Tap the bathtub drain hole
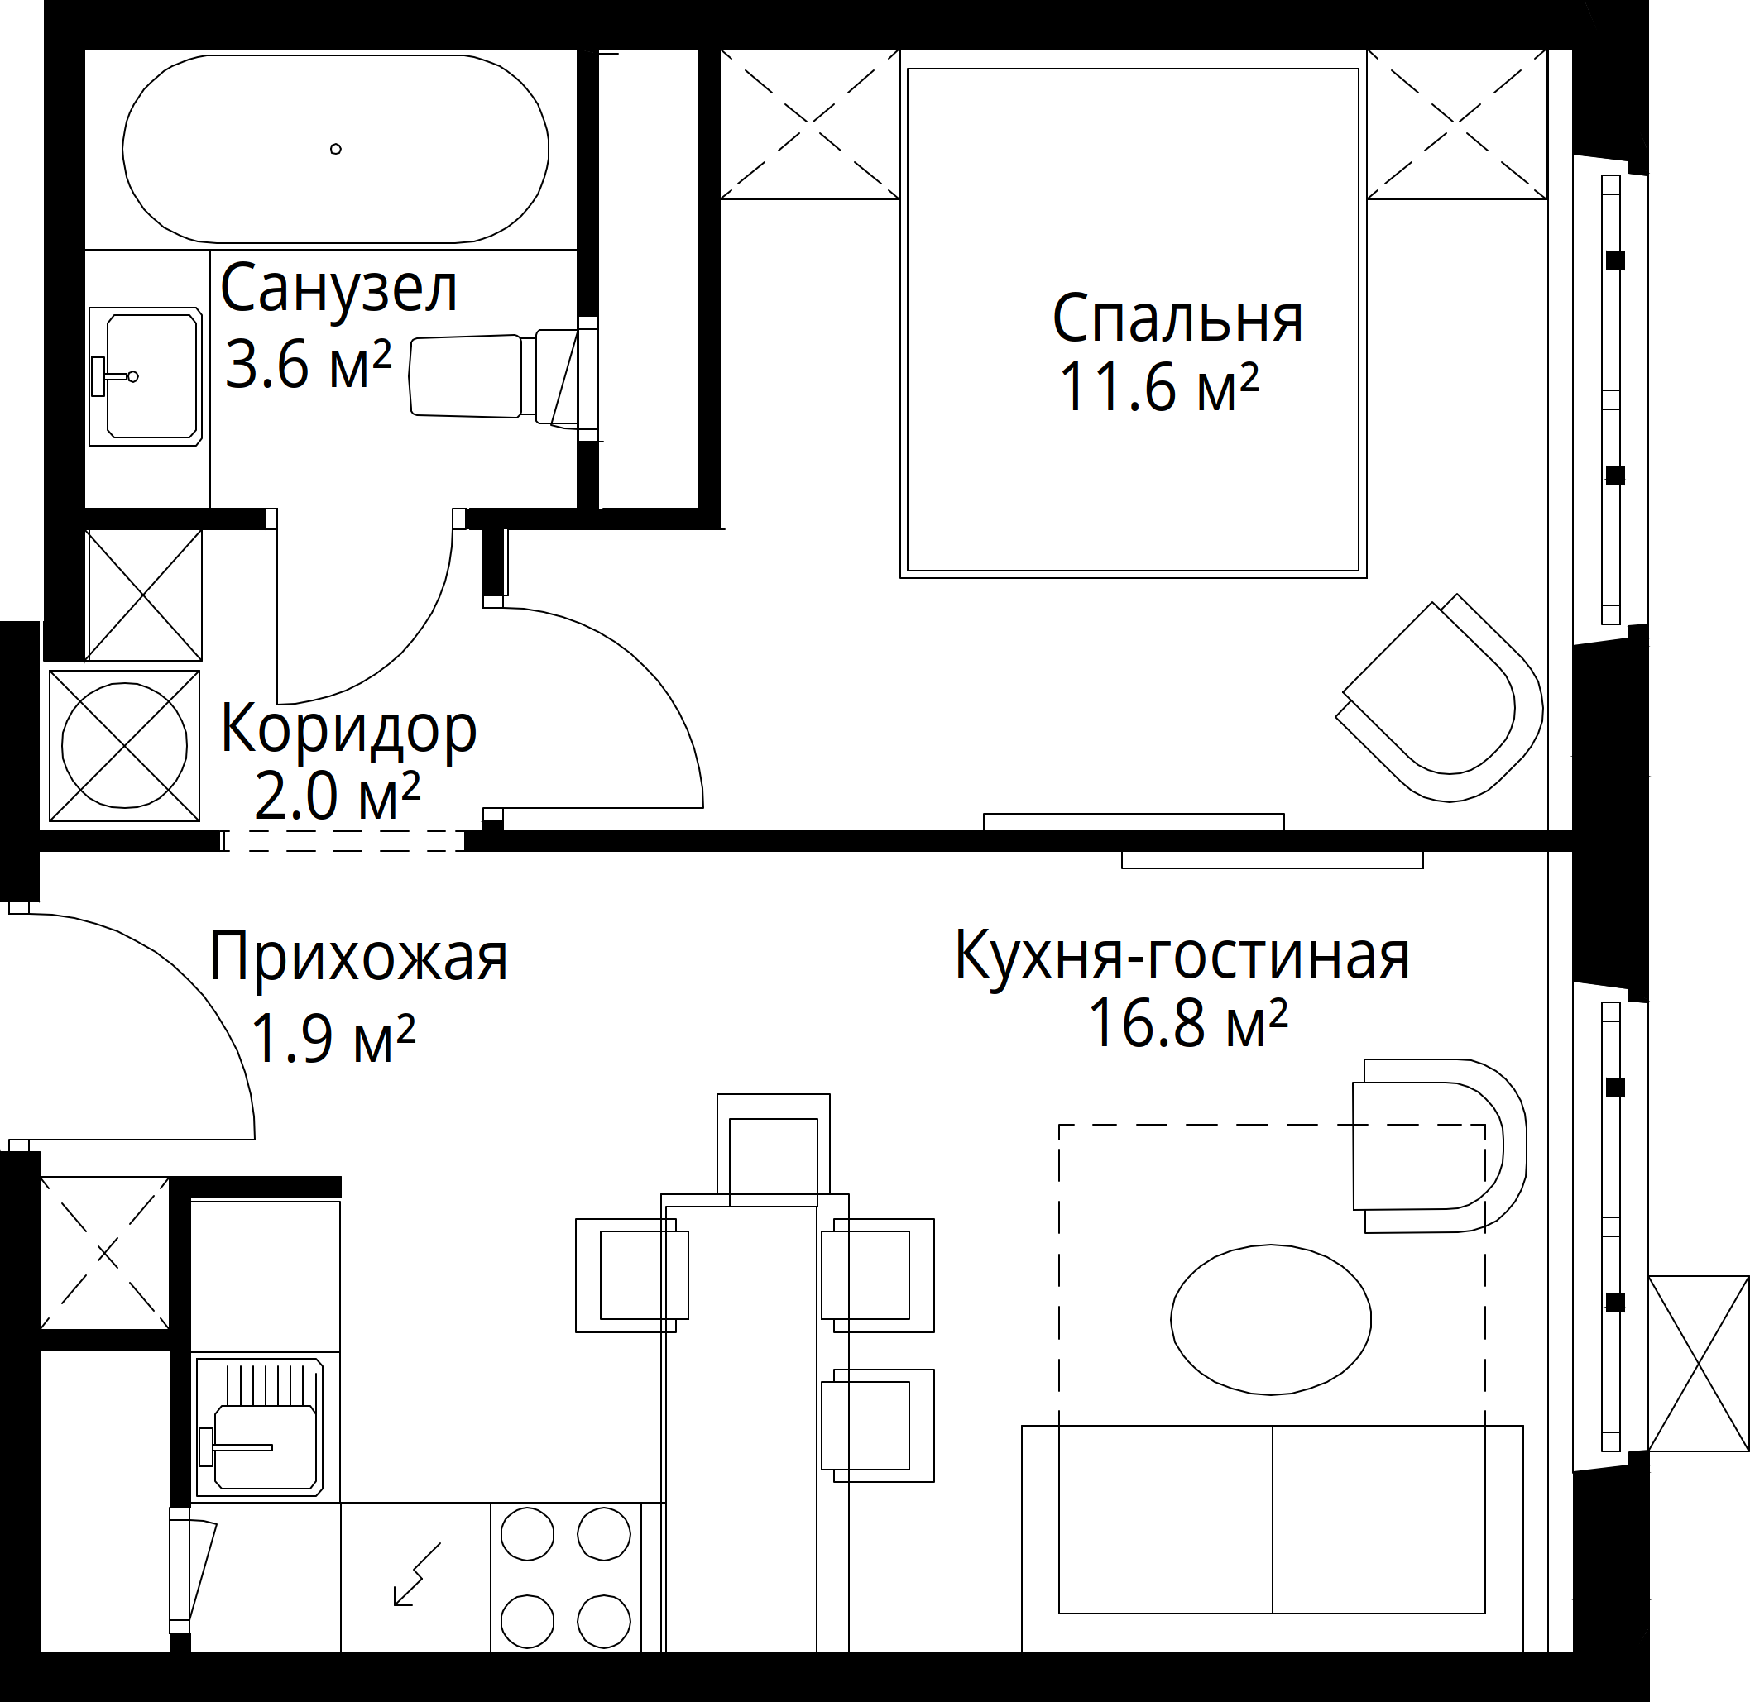coord(335,148)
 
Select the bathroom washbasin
coord(145,376)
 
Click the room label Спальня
coord(1177,318)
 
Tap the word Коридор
coord(348,730)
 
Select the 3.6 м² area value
coord(309,364)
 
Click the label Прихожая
coord(358,958)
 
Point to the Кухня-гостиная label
coord(1182,954)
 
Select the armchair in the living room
coord(1438,1145)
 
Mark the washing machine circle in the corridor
coord(124,745)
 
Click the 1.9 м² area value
coord(333,1038)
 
